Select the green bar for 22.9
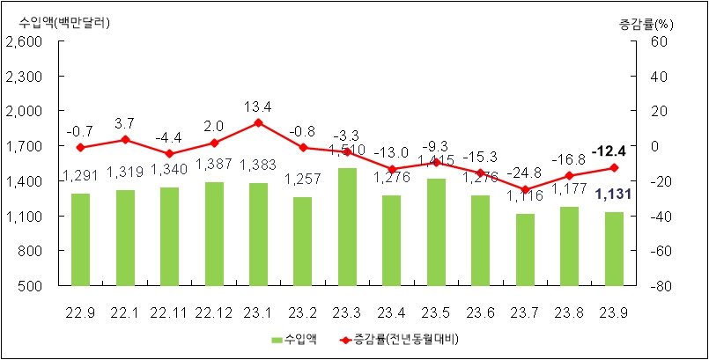pyautogui.click(x=80, y=239)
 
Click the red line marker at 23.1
pyautogui.click(x=258, y=122)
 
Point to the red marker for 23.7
pyautogui.click(x=525, y=189)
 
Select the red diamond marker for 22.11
pyautogui.click(x=169, y=154)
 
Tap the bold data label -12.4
pyautogui.click(x=614, y=150)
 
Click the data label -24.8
pyautogui.click(x=525, y=173)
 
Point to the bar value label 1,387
pyautogui.click(x=213, y=164)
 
